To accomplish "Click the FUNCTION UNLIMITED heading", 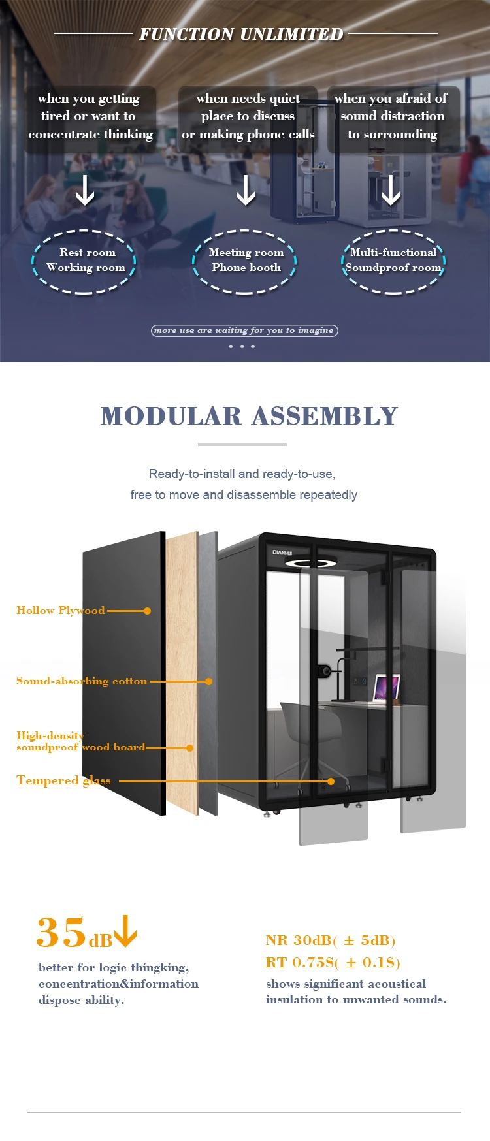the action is (x=241, y=34).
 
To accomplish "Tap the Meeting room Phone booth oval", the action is (x=245, y=261).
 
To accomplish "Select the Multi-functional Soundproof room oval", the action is (x=393, y=261).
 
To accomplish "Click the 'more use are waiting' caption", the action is (x=244, y=330).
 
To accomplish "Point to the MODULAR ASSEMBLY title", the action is (x=249, y=416).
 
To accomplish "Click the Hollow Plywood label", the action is (x=60, y=611).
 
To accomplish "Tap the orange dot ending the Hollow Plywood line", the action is (x=147, y=611).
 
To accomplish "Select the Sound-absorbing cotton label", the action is (x=82, y=681).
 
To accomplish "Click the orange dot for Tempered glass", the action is (x=331, y=781).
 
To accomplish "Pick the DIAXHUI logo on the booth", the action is (x=282, y=553).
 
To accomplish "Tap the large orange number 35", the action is (x=61, y=932).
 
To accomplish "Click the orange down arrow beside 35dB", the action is (x=125, y=931).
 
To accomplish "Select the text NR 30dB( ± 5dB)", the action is (x=331, y=940).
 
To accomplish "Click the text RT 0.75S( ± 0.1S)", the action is (x=333, y=963).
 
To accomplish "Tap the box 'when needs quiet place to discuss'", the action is (x=248, y=117).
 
